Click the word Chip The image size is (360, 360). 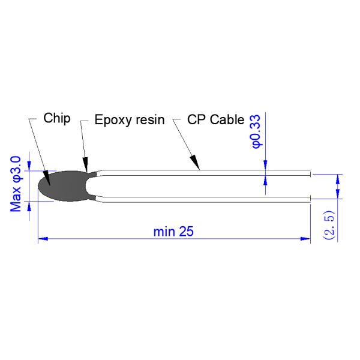[58, 118]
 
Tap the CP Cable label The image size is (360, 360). [216, 119]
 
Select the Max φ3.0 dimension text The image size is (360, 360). [16, 183]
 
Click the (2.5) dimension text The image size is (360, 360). [328, 225]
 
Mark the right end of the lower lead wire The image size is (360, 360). [310, 198]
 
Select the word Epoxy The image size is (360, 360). [110, 120]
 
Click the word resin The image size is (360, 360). [150, 119]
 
